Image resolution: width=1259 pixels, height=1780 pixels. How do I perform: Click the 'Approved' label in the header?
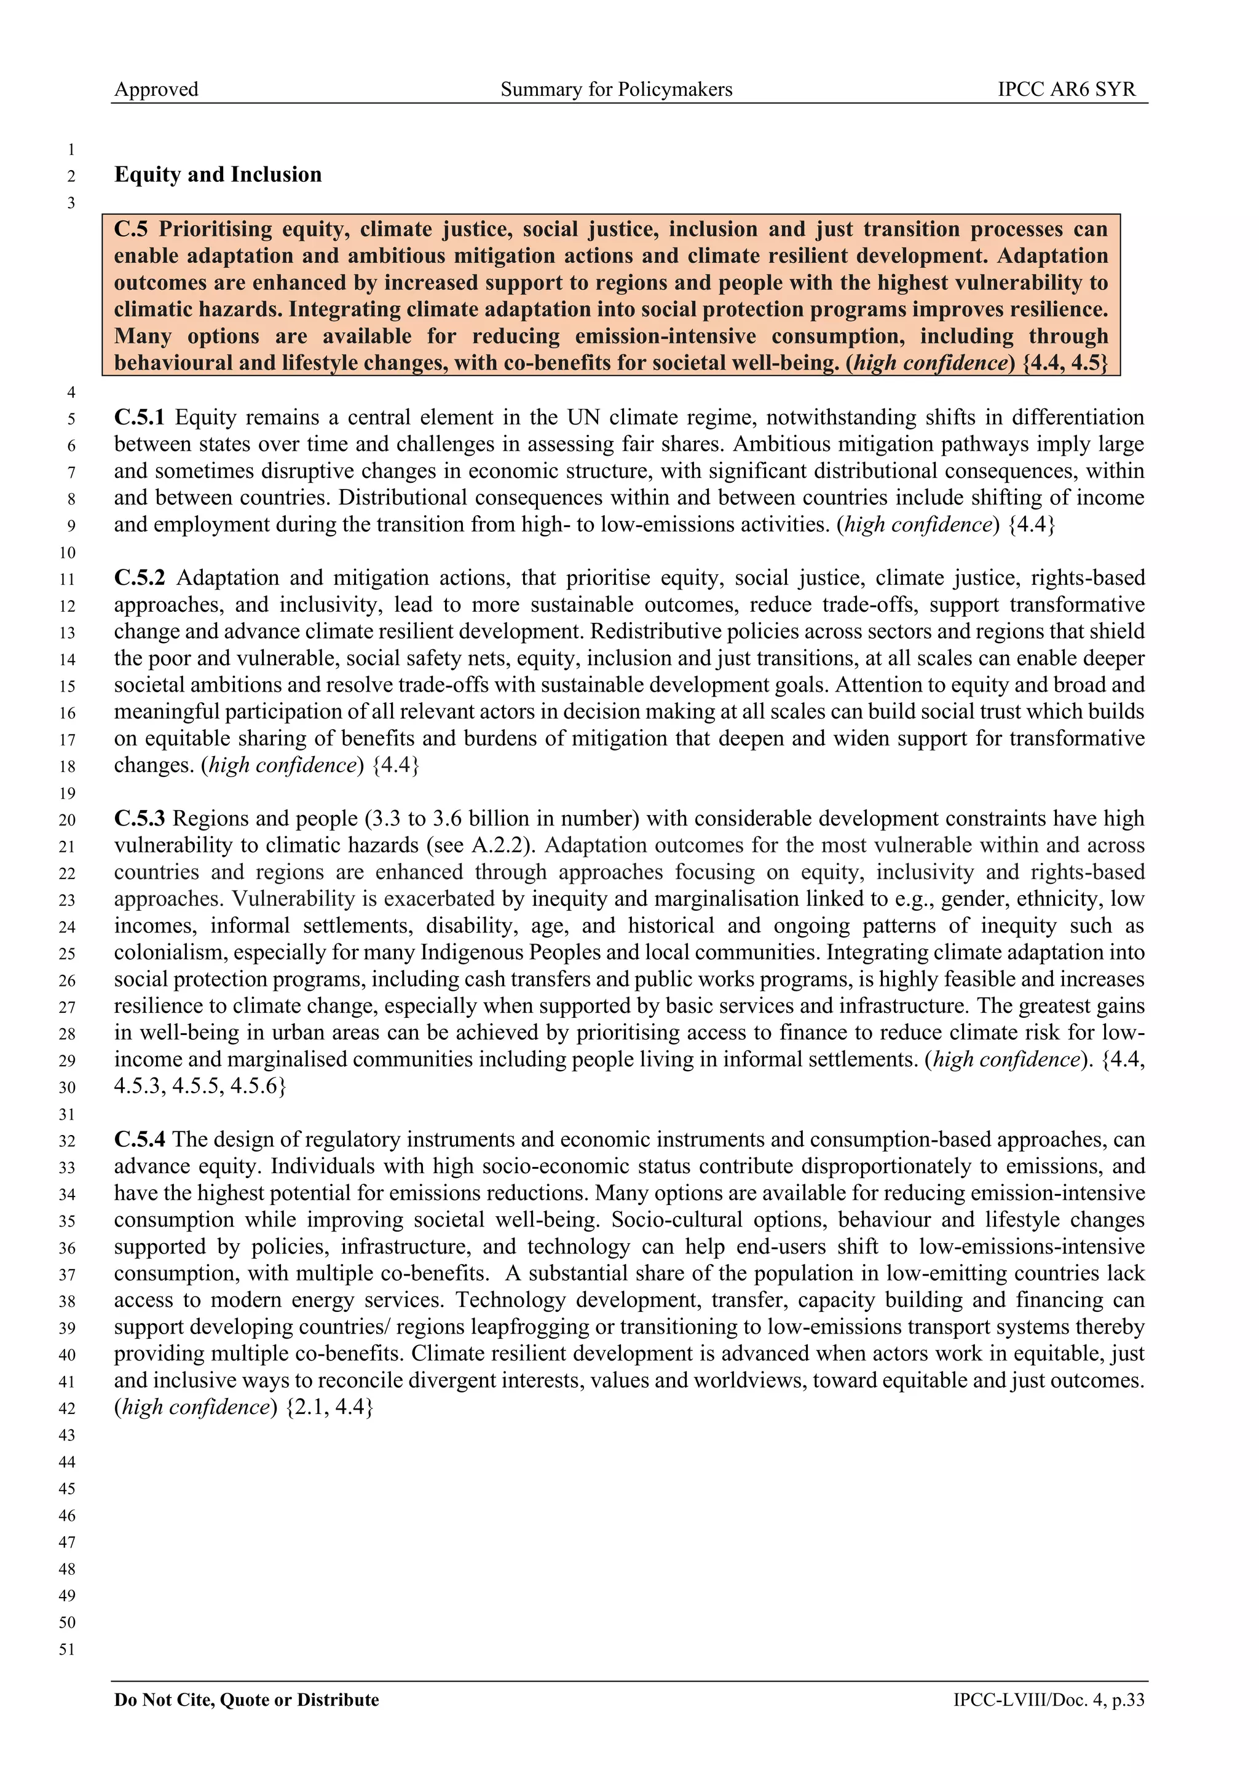pos(156,89)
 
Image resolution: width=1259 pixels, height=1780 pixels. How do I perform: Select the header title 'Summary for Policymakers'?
pos(616,89)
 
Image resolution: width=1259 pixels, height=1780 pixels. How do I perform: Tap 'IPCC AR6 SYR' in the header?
pos(1066,89)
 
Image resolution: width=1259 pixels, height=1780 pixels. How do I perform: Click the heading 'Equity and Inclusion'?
pos(218,174)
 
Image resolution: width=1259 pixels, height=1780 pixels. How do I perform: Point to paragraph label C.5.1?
pos(140,417)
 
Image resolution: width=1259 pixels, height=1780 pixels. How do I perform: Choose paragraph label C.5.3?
pos(140,818)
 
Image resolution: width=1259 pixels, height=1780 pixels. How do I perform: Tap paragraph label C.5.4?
pos(140,1139)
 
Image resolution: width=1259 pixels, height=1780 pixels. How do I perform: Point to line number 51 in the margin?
pos(69,1649)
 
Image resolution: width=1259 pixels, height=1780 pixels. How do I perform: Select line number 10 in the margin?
pos(69,553)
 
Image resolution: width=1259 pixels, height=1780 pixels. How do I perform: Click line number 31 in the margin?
pos(69,1114)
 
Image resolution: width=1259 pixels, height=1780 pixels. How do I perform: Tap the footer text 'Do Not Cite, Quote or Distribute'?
pos(247,1700)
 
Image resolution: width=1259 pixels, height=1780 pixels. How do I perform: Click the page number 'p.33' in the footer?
pos(1128,1700)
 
